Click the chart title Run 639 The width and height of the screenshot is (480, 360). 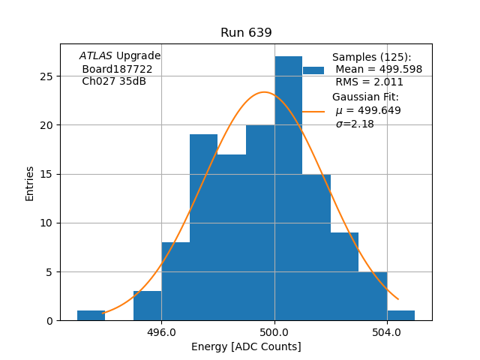pyautogui.click(x=246, y=33)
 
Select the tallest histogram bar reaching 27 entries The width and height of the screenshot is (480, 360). pyautogui.click(x=288, y=187)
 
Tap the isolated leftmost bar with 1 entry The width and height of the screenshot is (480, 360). pyautogui.click(x=91, y=315)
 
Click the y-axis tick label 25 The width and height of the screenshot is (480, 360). pyautogui.click(x=46, y=76)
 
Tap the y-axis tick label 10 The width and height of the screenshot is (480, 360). pyautogui.click(x=46, y=223)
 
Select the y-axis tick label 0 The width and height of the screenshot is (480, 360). pyautogui.click(x=49, y=320)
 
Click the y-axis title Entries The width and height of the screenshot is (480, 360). pyautogui.click(x=30, y=183)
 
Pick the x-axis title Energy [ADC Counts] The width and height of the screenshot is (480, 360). pyautogui.click(x=246, y=346)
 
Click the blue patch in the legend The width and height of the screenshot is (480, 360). pyautogui.click(x=313, y=70)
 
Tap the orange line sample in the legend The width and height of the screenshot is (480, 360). pyautogui.click(x=313, y=111)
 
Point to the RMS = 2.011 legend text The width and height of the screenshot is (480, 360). pyautogui.click(x=369, y=82)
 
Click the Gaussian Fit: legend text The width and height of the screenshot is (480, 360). pyautogui.click(x=365, y=97)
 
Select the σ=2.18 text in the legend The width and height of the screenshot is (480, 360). pyautogui.click(x=355, y=124)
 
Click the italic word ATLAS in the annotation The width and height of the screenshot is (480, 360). pyautogui.click(x=96, y=56)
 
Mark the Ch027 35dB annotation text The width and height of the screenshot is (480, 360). pyautogui.click(x=114, y=82)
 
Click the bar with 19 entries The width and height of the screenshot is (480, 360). pyautogui.click(x=203, y=225)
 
